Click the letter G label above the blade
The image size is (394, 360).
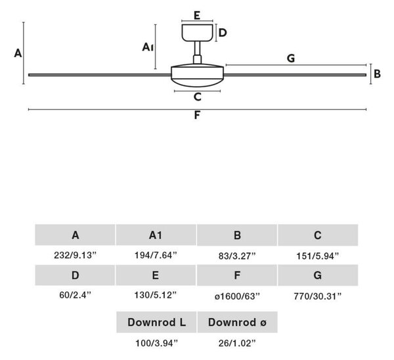pos(291,58)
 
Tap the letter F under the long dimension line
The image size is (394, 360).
pos(197,115)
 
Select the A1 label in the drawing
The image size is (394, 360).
pos(148,47)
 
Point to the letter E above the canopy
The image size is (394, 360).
pos(197,15)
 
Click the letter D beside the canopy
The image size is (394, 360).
pos(223,33)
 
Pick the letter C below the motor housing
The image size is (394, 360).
pos(198,97)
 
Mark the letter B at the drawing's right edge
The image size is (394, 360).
pos(377,74)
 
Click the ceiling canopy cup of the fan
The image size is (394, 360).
pos(197,33)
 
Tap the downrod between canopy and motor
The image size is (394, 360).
pos(197,53)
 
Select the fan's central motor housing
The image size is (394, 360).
pos(197,75)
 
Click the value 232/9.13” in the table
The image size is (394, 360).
pos(75,255)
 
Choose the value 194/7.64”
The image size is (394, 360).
pos(156,255)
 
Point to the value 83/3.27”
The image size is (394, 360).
pos(237,256)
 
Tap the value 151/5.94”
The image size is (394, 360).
pos(318,256)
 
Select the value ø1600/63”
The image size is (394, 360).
pos(237,296)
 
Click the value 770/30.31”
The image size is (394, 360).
pos(318,296)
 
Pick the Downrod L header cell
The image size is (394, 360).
pos(156,322)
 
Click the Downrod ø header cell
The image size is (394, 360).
pos(238,322)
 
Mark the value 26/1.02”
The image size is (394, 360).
pos(237,343)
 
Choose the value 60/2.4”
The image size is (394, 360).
pos(75,295)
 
